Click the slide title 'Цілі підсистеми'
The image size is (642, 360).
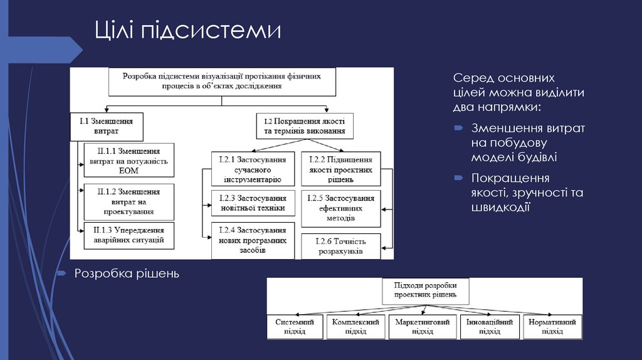(x=188, y=31)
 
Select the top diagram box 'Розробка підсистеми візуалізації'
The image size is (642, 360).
(x=221, y=80)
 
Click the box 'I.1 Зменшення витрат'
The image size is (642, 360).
(x=107, y=126)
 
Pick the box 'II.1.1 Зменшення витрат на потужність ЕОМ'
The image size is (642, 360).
(x=129, y=161)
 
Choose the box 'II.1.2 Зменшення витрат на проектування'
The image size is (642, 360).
(x=129, y=201)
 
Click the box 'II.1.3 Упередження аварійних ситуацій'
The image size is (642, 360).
(x=129, y=235)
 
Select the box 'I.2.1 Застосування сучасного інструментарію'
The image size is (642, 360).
(x=252, y=169)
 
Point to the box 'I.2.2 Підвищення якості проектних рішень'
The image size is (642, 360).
(x=340, y=169)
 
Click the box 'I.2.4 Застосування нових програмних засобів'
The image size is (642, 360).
(x=252, y=240)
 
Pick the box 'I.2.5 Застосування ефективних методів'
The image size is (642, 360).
(x=340, y=208)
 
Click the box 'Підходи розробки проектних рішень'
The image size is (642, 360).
(x=425, y=290)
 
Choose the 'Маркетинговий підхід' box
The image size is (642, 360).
(x=422, y=326)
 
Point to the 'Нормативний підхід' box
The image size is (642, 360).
(x=552, y=326)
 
